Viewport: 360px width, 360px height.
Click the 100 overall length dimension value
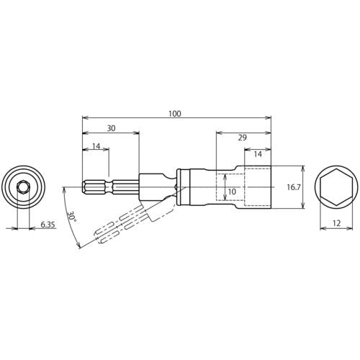(x=174, y=113)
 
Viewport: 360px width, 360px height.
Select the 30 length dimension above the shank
(x=111, y=128)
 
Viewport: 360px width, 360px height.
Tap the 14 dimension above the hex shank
(x=96, y=146)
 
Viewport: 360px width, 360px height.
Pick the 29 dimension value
(x=243, y=138)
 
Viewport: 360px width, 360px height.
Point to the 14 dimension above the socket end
(x=258, y=154)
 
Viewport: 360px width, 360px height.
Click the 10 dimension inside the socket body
(x=232, y=192)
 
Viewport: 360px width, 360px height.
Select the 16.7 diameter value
(x=294, y=187)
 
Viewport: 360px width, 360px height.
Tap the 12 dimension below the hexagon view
(x=337, y=223)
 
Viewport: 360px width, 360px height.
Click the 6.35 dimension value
(x=48, y=225)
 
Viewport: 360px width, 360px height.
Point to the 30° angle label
(x=71, y=217)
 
